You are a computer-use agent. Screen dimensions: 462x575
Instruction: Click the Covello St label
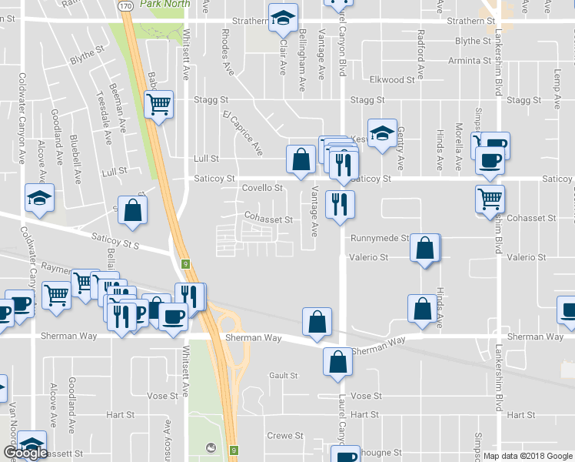pos(263,188)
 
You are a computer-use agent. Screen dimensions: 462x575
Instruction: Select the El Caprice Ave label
pos(242,132)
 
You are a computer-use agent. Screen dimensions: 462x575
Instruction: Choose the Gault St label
pos(284,376)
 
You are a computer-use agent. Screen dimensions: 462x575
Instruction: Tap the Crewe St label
pos(284,436)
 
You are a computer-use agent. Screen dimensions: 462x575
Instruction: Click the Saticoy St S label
pos(114,241)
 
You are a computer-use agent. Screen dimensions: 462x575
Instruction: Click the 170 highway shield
pos(126,5)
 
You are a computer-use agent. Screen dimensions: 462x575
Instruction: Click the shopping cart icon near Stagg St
pos(158,104)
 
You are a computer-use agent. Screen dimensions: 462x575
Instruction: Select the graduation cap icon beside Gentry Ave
pos(381,132)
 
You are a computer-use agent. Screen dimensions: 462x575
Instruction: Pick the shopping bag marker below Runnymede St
pos(424,249)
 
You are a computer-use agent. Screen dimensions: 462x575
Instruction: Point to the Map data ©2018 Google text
pos(527,456)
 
